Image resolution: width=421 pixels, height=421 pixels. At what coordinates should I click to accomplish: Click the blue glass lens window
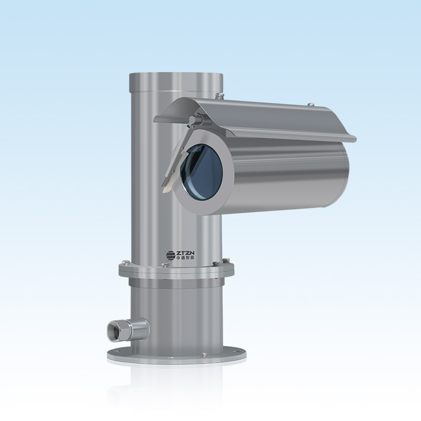[202, 172]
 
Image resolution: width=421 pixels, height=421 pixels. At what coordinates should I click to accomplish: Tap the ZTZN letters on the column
[185, 253]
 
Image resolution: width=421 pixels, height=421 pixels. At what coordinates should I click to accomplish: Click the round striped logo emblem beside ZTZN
[170, 255]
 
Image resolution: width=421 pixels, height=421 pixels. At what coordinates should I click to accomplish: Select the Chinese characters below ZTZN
[185, 258]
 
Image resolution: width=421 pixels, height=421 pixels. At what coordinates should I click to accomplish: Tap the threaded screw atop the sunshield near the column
[219, 96]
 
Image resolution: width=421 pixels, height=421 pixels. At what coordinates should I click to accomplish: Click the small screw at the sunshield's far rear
[311, 104]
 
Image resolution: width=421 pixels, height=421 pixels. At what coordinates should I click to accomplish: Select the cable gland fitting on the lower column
[128, 329]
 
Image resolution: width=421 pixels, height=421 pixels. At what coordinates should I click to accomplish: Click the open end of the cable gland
[113, 331]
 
